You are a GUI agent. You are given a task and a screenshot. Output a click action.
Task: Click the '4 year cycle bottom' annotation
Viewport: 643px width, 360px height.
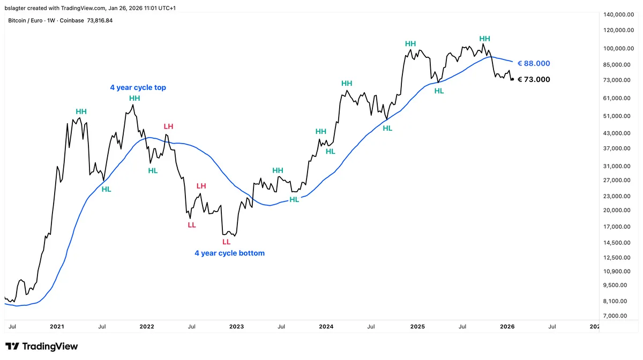pyautogui.click(x=229, y=253)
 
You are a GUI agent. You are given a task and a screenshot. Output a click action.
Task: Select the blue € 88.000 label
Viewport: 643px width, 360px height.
pyautogui.click(x=534, y=63)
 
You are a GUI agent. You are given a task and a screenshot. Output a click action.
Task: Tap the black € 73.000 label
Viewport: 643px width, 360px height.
pyautogui.click(x=534, y=79)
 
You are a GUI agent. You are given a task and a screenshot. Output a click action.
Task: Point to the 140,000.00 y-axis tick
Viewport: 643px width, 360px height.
pyautogui.click(x=615, y=14)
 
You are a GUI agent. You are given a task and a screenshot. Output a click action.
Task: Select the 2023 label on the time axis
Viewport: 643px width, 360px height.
pyautogui.click(x=236, y=326)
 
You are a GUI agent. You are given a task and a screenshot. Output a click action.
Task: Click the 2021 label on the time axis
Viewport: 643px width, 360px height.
pyautogui.click(x=57, y=326)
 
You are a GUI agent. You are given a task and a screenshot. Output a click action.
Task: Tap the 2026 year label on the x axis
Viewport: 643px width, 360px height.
pyautogui.click(x=507, y=326)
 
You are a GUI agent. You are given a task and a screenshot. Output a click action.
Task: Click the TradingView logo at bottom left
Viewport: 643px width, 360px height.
pyautogui.click(x=41, y=347)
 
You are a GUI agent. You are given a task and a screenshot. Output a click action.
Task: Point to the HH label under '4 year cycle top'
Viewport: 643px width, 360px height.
pyautogui.click(x=134, y=99)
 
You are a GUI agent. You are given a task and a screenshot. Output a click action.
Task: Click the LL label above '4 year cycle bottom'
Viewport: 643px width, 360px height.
pyautogui.click(x=226, y=242)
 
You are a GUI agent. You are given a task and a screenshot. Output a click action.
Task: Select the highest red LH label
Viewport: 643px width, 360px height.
pyautogui.click(x=168, y=126)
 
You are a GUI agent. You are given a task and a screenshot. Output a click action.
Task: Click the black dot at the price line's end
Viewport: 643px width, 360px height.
pyautogui.click(x=512, y=79)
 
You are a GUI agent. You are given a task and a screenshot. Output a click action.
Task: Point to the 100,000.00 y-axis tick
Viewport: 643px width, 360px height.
pyautogui.click(x=615, y=48)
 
